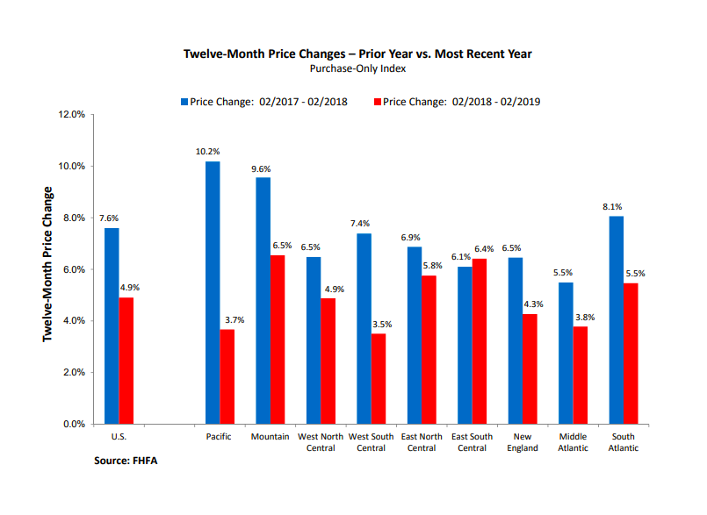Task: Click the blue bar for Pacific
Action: [213, 292]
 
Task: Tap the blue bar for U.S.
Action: [112, 325]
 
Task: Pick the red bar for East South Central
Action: [480, 341]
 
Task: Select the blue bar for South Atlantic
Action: [617, 319]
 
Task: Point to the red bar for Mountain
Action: [278, 340]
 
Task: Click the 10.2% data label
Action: [207, 152]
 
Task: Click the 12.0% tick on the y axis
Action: [72, 115]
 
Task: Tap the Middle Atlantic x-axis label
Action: [574, 442]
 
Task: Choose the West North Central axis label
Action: [321, 442]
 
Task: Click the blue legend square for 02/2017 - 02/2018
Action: [184, 102]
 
